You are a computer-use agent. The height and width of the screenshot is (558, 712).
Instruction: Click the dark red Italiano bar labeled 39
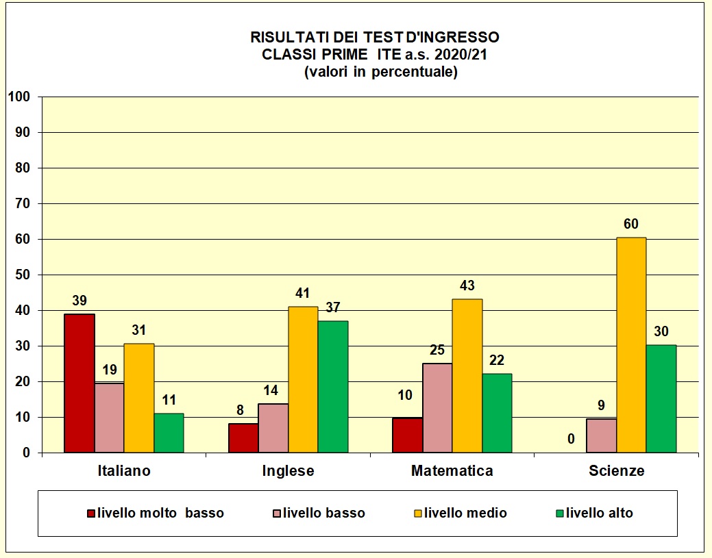[79, 383]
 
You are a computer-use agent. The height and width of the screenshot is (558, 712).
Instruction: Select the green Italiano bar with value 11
[169, 433]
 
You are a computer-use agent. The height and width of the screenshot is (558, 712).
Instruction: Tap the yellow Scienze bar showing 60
[631, 345]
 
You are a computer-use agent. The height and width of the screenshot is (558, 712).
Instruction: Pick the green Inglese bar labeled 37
[332, 387]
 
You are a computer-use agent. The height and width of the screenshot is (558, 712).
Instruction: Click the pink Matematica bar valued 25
[437, 408]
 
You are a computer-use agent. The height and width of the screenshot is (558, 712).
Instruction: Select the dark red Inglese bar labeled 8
[243, 438]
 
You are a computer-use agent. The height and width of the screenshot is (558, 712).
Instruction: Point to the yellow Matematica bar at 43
[467, 376]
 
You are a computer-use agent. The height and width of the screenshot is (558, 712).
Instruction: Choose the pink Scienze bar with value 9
[601, 435]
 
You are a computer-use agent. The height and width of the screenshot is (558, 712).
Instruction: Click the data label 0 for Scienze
[571, 439]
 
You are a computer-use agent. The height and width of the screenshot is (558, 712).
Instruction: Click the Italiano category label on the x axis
[124, 471]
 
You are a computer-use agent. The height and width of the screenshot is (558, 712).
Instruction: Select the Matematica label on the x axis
[452, 471]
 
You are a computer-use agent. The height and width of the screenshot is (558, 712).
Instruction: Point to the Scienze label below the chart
[616, 471]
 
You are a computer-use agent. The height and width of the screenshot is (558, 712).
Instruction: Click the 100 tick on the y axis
[19, 97]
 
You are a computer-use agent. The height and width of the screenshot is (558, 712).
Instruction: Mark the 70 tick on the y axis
[22, 203]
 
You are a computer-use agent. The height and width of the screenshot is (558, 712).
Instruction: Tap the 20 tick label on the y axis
[22, 381]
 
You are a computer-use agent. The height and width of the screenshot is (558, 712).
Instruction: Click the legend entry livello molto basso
[160, 513]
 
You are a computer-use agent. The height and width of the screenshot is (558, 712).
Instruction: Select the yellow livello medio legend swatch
[418, 513]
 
